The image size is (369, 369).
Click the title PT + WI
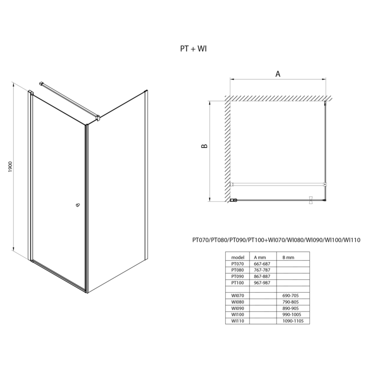coord(193,49)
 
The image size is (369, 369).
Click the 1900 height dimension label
coord(10,167)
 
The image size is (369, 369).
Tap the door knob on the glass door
coord(78,205)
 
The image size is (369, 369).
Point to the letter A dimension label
coord(278,74)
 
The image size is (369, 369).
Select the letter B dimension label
coord(205,146)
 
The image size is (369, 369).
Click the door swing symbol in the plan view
coord(311,200)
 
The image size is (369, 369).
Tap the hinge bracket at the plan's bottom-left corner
coord(233,200)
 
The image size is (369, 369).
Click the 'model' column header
coord(238,257)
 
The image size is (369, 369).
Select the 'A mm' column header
coord(260,257)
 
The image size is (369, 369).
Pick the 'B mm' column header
coord(288,257)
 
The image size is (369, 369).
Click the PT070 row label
coord(238,264)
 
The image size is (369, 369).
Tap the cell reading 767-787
coord(262,270)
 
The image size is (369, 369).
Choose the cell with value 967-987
coord(262,282)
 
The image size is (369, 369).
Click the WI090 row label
coord(238,308)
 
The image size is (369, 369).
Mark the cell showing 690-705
coord(291,296)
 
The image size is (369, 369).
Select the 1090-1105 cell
coord(293,321)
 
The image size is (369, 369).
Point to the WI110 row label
coord(238,321)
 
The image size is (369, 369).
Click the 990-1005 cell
coord(292,314)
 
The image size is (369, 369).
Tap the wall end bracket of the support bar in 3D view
coord(41,84)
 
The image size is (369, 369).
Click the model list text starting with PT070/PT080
coord(277,240)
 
